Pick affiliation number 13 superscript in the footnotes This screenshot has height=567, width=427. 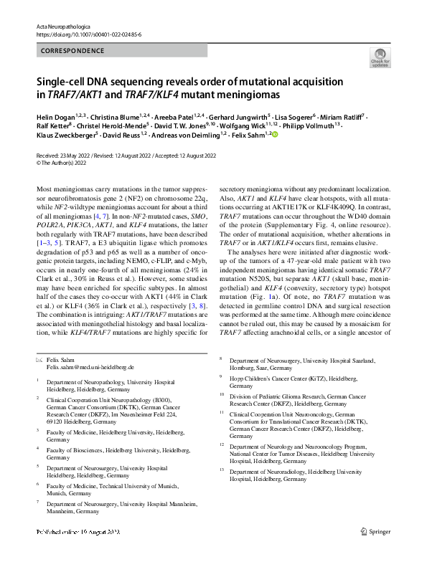[222, 470]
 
